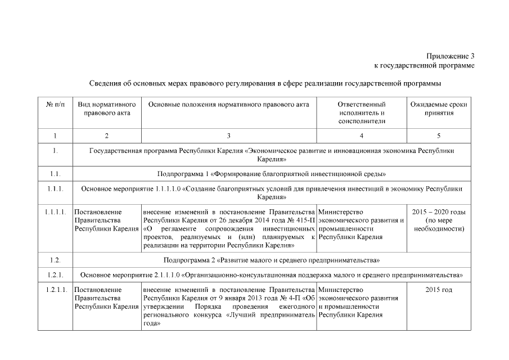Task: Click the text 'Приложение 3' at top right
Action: pos(450,56)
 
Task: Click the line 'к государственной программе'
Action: pos(424,65)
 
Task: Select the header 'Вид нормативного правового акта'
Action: pos(107,109)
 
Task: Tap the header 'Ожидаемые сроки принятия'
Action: pos(439,109)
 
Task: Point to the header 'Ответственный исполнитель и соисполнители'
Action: pos(361,112)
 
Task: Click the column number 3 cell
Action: pos(228,136)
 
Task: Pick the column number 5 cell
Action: pos(439,136)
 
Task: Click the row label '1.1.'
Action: pos(55,174)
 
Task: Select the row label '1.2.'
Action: pos(55,260)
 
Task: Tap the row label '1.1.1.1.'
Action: pos(55,212)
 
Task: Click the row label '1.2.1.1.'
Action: pos(55,290)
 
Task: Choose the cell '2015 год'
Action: pos(439,290)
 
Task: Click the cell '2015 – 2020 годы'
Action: pos(439,212)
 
